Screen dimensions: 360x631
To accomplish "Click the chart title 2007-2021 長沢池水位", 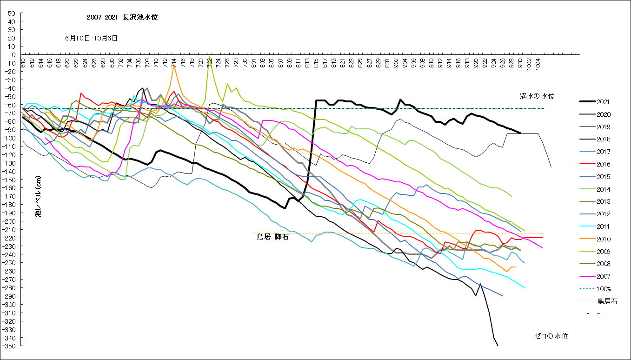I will pos(125,17).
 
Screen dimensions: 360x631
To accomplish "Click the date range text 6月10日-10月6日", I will pos(91,38).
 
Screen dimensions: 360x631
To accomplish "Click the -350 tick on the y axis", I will pos(10,346).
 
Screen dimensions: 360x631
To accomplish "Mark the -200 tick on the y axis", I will pos(10,221).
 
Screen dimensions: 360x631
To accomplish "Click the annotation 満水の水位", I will pos(537,96).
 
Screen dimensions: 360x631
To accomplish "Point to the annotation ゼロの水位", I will pos(551,336).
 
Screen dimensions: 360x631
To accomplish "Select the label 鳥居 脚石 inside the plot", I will pos(272,237).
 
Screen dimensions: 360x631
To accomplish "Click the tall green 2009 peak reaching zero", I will pos(210,56).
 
